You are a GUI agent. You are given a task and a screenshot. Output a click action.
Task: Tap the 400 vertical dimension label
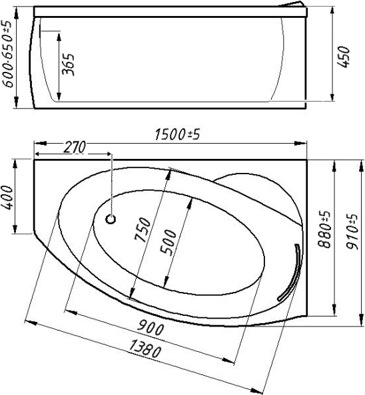coord(8,197)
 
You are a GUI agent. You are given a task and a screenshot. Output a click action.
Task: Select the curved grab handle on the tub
coord(290,273)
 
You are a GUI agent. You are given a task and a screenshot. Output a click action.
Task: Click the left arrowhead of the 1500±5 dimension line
coord(37,142)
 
